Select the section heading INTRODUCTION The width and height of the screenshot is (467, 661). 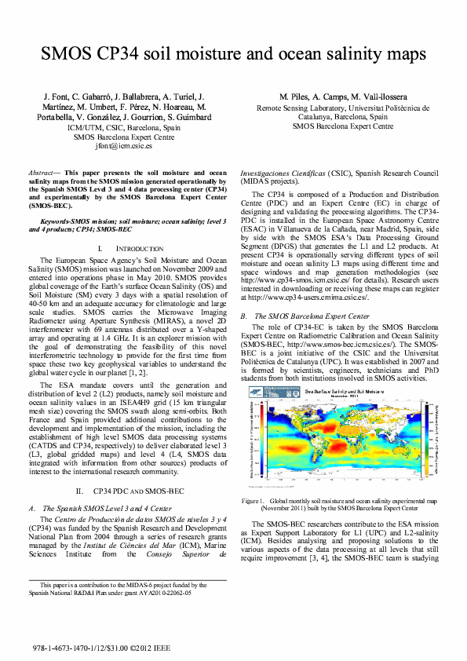pyautogui.click(x=133, y=247)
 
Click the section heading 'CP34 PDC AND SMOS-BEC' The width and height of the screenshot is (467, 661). pyautogui.click(x=133, y=491)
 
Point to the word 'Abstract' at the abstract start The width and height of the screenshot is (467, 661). pyautogui.click(x=46, y=172)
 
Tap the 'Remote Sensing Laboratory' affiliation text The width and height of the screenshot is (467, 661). pyautogui.click(x=306, y=109)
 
